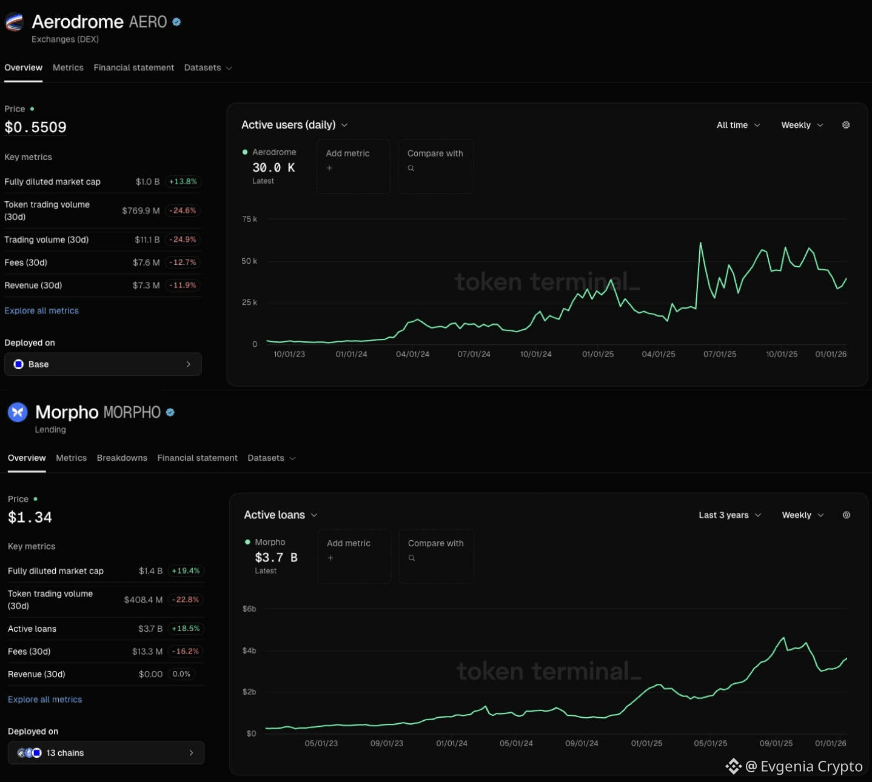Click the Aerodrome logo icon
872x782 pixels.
(14, 22)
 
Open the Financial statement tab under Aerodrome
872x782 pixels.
(133, 68)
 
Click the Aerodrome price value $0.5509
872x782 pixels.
(35, 127)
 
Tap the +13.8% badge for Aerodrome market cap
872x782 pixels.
(183, 182)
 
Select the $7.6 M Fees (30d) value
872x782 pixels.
(146, 262)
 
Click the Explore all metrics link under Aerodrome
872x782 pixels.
(41, 311)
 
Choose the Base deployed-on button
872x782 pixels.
(102, 364)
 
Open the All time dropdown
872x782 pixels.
(738, 125)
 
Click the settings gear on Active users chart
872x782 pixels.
(846, 125)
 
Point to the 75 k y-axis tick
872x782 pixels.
(249, 219)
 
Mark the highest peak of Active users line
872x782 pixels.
(700, 243)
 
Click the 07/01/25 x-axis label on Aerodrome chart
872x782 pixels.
(720, 355)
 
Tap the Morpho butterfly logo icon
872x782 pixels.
(18, 413)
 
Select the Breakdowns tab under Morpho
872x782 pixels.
(122, 458)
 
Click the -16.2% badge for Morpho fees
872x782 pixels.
(185, 652)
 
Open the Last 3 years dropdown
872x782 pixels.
(729, 515)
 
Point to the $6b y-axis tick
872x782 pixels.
(249, 609)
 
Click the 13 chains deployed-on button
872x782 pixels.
(106, 753)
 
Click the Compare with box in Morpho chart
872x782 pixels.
(436, 556)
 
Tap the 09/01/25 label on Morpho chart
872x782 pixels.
(776, 743)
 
